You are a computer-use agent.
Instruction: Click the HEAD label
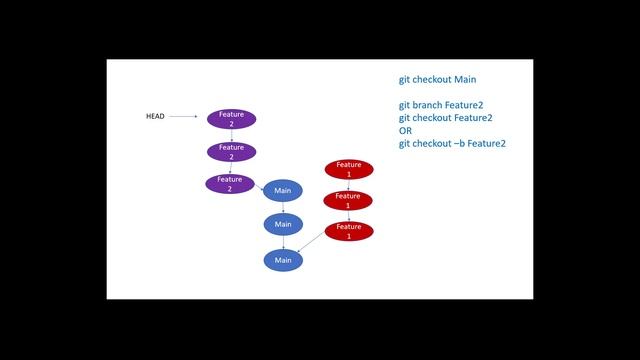click(155, 117)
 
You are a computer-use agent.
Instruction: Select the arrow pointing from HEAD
click(183, 117)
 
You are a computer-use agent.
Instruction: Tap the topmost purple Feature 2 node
click(231, 118)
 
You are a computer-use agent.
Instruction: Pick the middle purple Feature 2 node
click(231, 152)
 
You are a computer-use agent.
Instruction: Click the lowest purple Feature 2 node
click(230, 184)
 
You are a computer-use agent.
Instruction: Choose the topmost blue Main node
click(283, 190)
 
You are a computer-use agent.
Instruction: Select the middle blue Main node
click(283, 224)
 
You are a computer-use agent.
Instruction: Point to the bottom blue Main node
click(283, 260)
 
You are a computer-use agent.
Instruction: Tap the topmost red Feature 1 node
click(348, 168)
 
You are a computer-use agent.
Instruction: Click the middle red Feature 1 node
click(348, 200)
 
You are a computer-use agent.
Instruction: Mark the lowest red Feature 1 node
click(348, 231)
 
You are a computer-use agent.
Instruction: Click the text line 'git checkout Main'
click(439, 79)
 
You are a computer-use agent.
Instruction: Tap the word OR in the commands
click(406, 130)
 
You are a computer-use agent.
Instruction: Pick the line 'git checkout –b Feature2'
click(452, 143)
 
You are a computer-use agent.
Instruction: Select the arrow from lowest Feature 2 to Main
click(260, 186)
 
